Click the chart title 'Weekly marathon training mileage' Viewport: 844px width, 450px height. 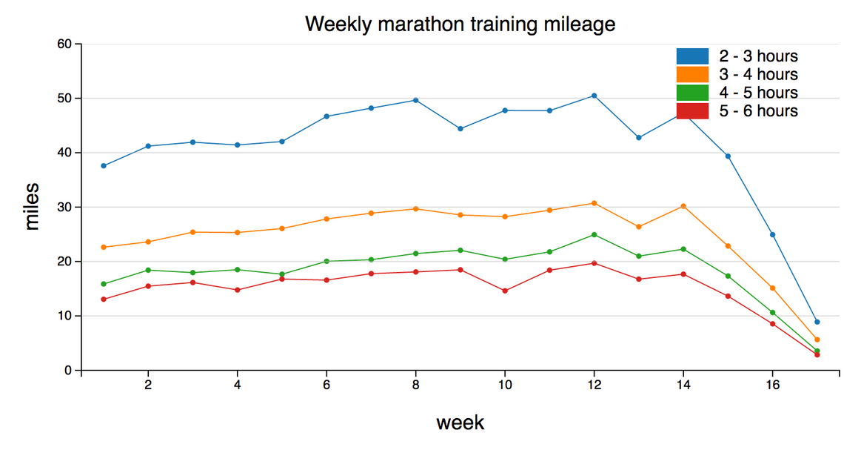[460, 24]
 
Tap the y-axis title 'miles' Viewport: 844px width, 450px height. [31, 207]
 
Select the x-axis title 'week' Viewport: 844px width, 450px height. [460, 423]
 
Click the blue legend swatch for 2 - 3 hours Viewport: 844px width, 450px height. [692, 56]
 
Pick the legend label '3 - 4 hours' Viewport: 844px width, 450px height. [758, 74]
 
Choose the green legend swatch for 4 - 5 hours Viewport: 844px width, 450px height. [692, 93]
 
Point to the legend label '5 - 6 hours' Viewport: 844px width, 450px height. [758, 110]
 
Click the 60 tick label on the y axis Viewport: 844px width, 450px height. [64, 44]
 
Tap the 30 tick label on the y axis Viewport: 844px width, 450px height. [64, 207]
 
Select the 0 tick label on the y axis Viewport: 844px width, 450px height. [67, 370]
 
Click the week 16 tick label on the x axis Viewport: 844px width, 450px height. [772, 386]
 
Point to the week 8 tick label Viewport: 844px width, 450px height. [415, 386]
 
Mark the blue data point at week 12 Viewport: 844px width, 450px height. [594, 96]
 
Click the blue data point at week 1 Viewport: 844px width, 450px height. [104, 166]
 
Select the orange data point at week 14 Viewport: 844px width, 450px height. [683, 206]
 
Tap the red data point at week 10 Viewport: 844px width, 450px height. [505, 291]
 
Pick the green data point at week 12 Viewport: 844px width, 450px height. [594, 235]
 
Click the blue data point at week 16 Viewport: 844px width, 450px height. [772, 235]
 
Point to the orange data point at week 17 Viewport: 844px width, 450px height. [817, 340]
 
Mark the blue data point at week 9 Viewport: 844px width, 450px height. [460, 129]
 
